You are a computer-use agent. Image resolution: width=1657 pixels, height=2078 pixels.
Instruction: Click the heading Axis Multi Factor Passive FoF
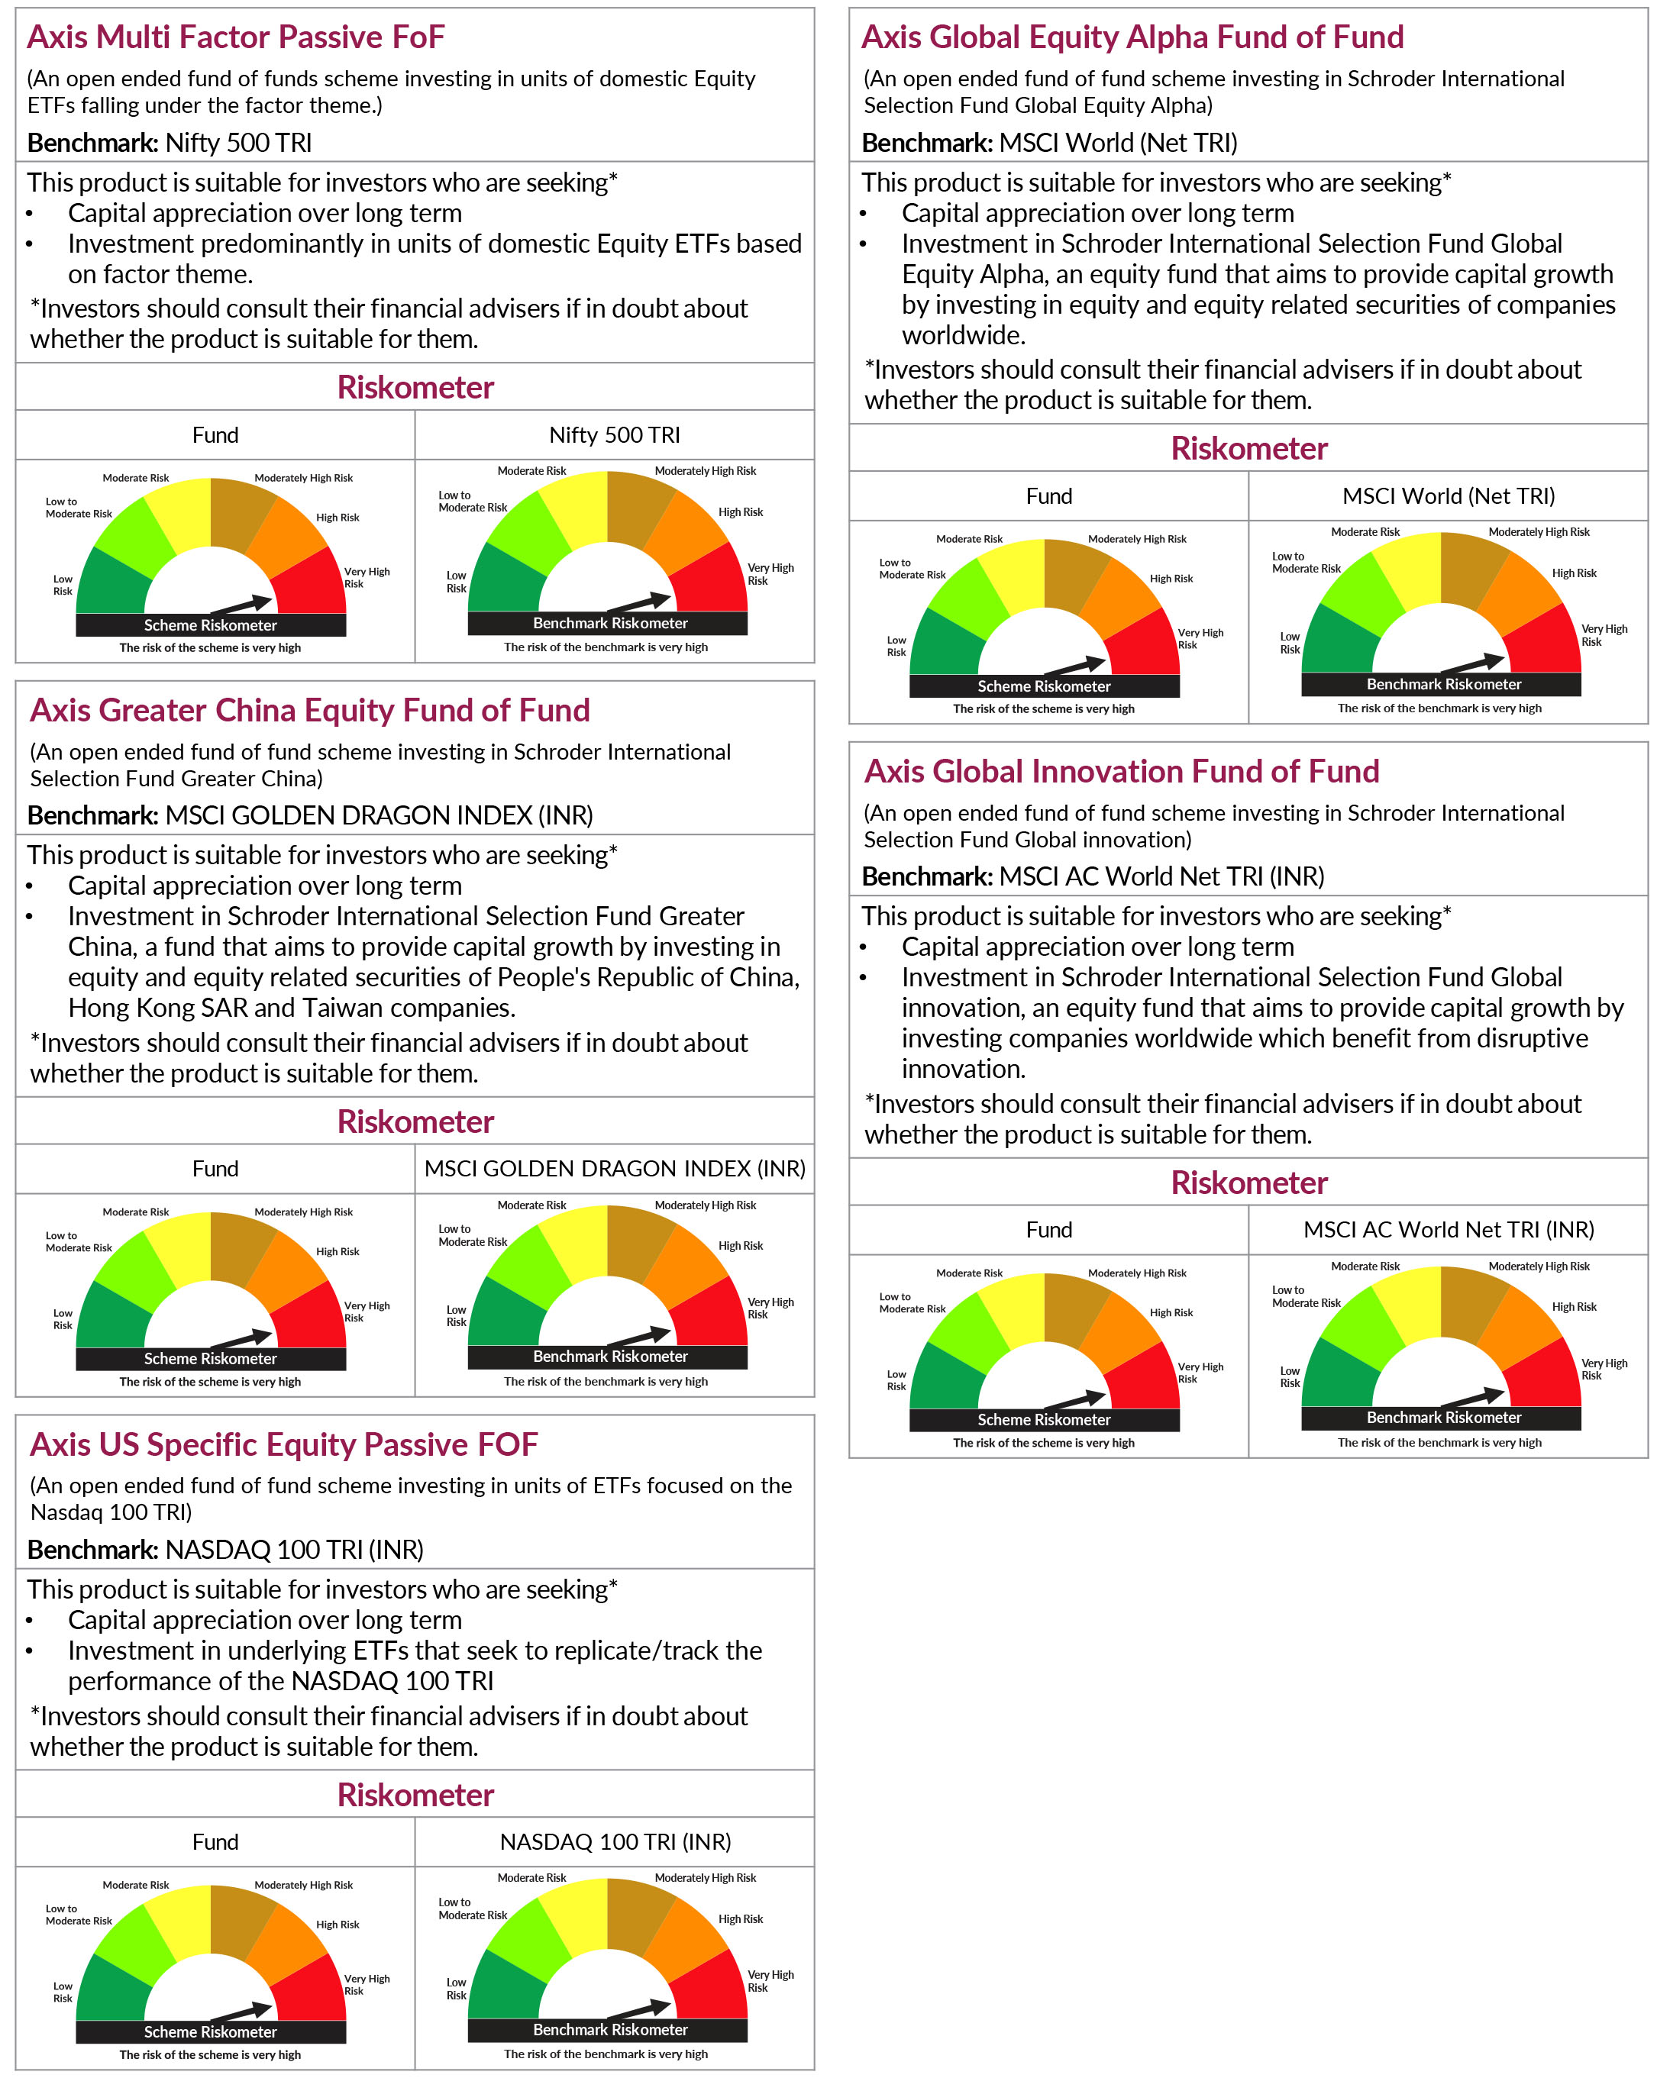tap(235, 37)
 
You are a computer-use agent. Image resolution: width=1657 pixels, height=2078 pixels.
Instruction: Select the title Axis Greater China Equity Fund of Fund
tap(309, 710)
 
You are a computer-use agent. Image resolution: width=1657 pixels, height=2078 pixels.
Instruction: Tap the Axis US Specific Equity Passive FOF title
tap(283, 1444)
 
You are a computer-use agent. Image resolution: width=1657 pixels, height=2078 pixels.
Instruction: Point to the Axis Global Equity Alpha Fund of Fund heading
tap(1132, 37)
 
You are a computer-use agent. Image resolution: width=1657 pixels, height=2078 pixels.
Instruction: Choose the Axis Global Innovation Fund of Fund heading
tap(1121, 771)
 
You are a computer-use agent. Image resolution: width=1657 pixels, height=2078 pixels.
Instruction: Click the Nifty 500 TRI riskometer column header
tap(614, 434)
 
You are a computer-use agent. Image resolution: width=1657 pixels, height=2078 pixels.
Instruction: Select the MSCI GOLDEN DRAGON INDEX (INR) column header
tap(614, 1168)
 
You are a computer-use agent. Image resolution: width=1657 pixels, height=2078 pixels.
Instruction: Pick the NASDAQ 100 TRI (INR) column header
tap(614, 1841)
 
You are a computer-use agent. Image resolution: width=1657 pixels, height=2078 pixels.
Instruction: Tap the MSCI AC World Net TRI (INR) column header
tap(1448, 1229)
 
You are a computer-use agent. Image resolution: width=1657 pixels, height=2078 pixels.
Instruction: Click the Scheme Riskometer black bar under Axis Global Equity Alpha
tap(1043, 686)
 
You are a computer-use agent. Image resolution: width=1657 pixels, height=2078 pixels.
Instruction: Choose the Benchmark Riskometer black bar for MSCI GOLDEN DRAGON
tap(609, 1356)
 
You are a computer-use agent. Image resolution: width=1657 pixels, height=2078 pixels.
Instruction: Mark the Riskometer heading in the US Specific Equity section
tap(415, 1795)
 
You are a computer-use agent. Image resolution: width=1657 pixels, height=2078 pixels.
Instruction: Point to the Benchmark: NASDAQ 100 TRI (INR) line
tap(225, 1549)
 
